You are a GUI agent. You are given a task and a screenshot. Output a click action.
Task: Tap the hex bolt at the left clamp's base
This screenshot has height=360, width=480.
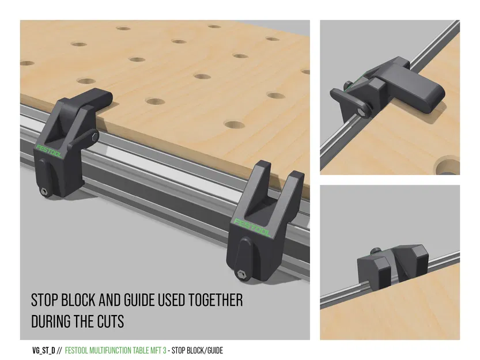coord(44,192)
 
